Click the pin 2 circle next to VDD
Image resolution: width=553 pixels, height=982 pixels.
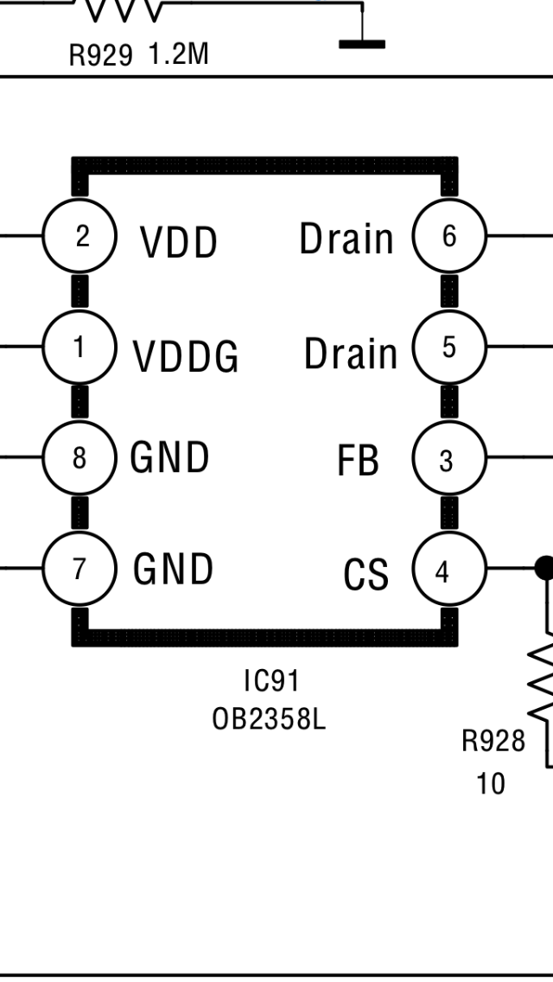(x=79, y=235)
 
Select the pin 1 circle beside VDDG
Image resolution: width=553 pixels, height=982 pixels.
(x=79, y=347)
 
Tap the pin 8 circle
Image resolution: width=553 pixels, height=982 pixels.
(x=79, y=457)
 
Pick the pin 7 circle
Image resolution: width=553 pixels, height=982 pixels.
(x=79, y=568)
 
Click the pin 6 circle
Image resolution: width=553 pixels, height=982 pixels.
(x=449, y=235)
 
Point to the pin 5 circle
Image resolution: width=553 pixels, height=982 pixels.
(x=449, y=347)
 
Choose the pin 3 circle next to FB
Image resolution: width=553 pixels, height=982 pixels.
(x=449, y=459)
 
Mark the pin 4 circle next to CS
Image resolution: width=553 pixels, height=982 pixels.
(x=449, y=571)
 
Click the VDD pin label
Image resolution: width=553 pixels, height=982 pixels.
(x=179, y=242)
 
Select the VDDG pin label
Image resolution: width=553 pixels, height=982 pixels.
(x=186, y=355)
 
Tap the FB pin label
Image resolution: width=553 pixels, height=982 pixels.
(x=358, y=461)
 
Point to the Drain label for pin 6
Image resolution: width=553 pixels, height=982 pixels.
(x=346, y=239)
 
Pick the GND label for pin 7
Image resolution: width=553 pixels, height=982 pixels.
(x=173, y=569)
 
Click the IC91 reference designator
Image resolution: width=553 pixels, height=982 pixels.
(x=271, y=681)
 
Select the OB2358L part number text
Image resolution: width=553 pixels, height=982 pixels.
(x=270, y=718)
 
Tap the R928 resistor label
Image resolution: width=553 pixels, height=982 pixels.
(x=493, y=741)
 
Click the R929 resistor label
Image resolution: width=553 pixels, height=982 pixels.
(x=101, y=56)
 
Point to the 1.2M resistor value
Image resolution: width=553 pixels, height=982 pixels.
(x=178, y=55)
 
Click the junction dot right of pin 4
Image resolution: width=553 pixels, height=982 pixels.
(x=544, y=568)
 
